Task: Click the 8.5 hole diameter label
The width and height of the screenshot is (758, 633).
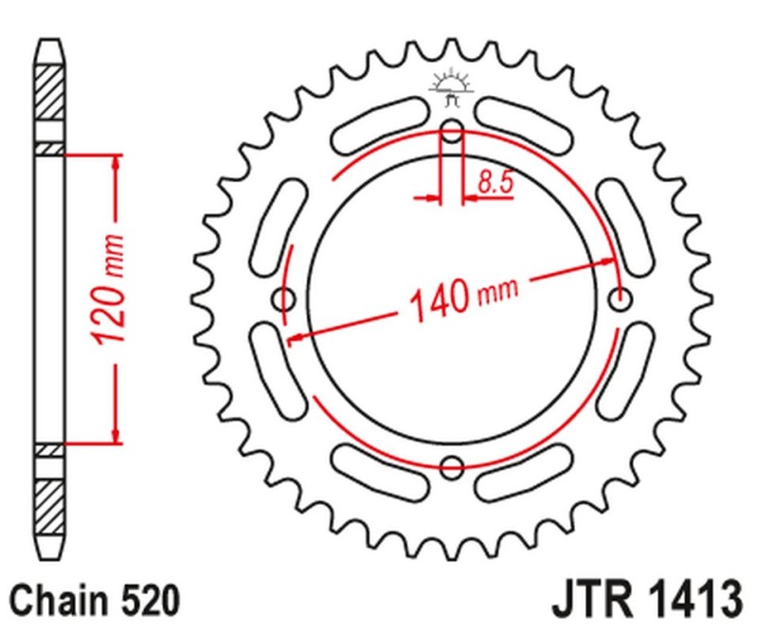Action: pyautogui.click(x=495, y=183)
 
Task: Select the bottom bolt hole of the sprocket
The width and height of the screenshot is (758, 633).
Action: pyautogui.click(x=453, y=466)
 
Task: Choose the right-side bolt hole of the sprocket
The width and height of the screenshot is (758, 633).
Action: pyautogui.click(x=622, y=298)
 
